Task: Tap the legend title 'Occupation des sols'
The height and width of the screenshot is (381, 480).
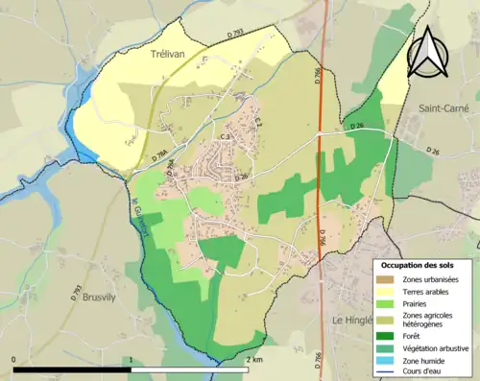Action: tap(422, 264)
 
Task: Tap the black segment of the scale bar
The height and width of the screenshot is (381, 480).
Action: tap(72, 369)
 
